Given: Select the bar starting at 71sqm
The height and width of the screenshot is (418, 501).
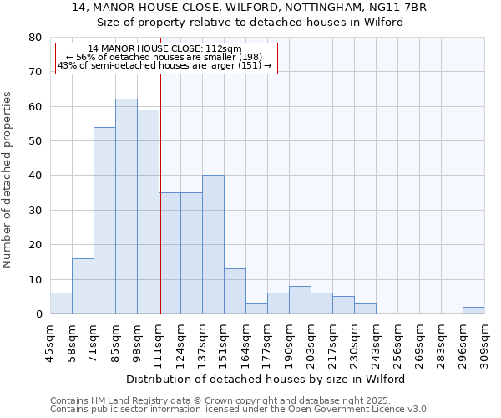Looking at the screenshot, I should [104, 221].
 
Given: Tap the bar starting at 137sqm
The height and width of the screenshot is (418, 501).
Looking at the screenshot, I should [213, 244].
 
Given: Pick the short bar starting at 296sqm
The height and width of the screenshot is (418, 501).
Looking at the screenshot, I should [473, 310].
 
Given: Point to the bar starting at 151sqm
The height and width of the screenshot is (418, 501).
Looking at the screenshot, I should [235, 291].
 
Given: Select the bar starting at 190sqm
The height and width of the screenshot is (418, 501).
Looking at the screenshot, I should [300, 300].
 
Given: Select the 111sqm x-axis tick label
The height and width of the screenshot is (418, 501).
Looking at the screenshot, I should [159, 339].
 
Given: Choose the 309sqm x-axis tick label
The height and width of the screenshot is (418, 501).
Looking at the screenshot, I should [485, 339].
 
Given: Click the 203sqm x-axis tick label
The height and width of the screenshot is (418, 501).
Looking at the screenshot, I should [311, 339].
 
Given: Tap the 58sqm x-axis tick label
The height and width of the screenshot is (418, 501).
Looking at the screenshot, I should [73, 339].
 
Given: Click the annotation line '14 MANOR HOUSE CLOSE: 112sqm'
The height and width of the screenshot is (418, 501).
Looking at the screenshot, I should [164, 48].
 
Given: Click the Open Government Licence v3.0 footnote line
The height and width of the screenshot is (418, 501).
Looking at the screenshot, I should [240, 410].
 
